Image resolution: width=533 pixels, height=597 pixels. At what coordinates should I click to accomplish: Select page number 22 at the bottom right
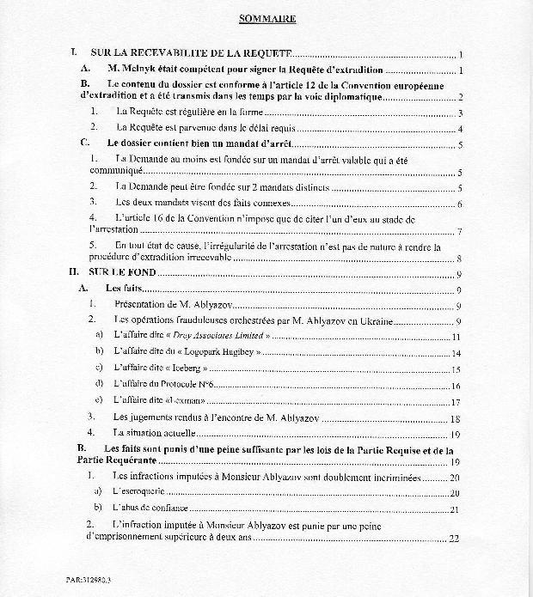pos(454,539)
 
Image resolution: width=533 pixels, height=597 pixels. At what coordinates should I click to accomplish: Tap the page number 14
pos(456,353)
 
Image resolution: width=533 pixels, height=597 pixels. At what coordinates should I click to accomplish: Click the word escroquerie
pos(142,493)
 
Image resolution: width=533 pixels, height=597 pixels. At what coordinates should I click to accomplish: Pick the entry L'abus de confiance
pos(152,509)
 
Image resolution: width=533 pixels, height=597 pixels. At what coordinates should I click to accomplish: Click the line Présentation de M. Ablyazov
pos(180,304)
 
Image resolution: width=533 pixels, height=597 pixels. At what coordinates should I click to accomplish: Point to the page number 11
pos(456,338)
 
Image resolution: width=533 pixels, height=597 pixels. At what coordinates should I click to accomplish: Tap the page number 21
pos(456,510)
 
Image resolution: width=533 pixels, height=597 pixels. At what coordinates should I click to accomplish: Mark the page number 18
pos(456,417)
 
